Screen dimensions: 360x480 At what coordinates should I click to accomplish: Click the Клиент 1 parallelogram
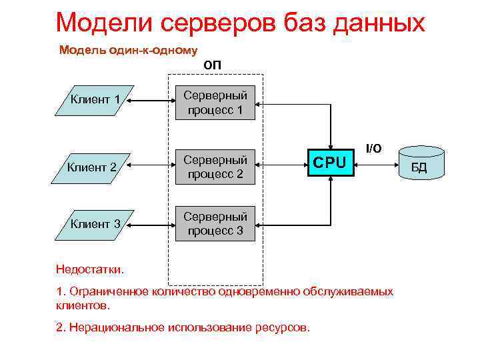click(95, 101)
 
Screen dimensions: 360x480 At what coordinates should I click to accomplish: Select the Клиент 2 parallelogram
click(95, 167)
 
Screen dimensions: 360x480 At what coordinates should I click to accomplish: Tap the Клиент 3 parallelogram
click(95, 223)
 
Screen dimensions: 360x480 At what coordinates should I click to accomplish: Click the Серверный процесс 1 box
click(215, 103)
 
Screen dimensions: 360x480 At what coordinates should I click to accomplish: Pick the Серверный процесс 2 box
click(215, 167)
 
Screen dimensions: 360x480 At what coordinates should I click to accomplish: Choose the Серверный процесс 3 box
click(215, 223)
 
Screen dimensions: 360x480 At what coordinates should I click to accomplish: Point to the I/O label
click(373, 148)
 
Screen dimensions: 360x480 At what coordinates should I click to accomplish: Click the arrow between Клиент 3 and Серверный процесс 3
click(150, 223)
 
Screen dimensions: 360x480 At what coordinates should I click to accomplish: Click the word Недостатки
click(90, 269)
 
